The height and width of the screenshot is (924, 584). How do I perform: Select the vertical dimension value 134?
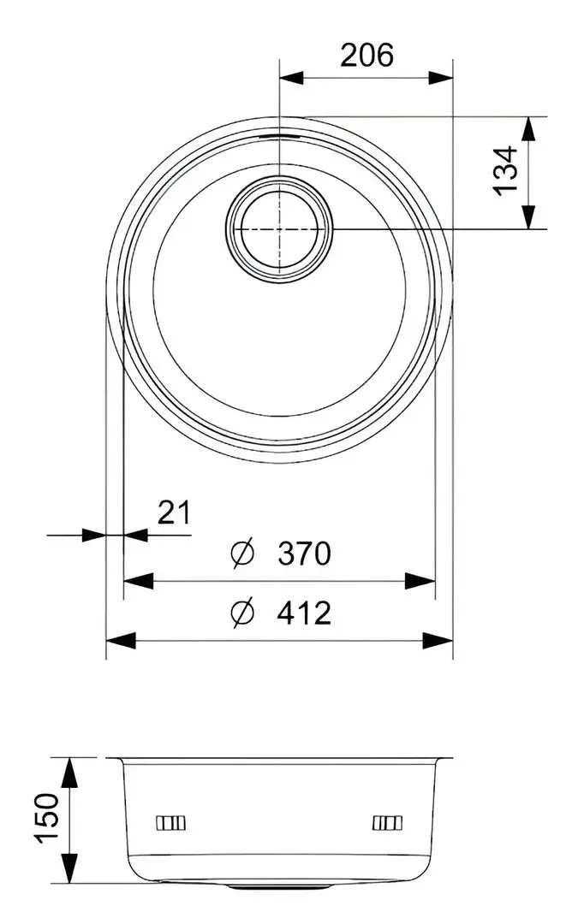(506, 171)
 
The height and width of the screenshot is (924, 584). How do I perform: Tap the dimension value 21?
(173, 512)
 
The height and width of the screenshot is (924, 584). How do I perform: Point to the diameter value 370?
(304, 554)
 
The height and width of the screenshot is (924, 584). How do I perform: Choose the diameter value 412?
(304, 613)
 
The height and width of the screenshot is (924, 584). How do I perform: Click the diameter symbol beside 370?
(242, 554)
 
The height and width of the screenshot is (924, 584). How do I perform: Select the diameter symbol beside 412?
(242, 613)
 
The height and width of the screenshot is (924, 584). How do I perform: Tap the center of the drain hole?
(279, 229)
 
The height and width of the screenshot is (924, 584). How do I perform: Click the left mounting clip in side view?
(170, 823)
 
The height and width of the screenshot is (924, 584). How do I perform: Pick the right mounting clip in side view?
(386, 823)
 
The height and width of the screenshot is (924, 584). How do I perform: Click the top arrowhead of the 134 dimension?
(530, 128)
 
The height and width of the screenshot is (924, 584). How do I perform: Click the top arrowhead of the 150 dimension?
(70, 770)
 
